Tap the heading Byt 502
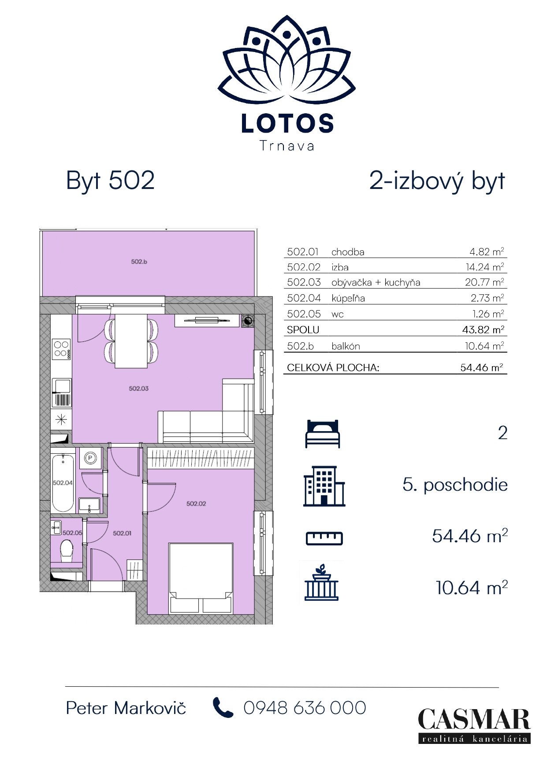110,181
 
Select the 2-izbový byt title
437,181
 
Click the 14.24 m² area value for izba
484,267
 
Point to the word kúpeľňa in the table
348,298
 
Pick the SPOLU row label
303,329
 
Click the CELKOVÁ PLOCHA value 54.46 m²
481,367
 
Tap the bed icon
323,434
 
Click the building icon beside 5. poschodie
324,486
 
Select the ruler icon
324,538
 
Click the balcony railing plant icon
321,582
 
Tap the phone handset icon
223,707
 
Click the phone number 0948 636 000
305,708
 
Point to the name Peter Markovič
126,708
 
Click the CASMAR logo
474,725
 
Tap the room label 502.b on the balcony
139,262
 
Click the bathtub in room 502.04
63,483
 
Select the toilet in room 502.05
67,551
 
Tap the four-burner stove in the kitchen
61,349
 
